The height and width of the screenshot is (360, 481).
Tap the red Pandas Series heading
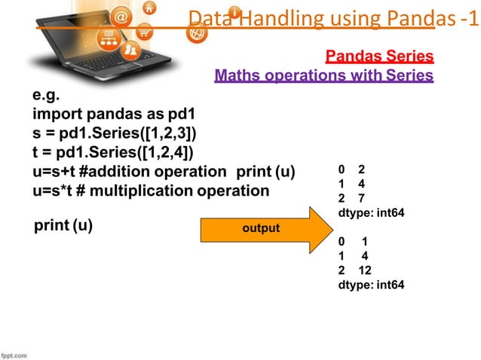379,56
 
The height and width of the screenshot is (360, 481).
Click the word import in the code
56,115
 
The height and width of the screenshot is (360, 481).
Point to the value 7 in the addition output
362,198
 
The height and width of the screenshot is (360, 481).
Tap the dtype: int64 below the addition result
372,213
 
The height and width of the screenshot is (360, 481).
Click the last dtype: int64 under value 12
372,285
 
